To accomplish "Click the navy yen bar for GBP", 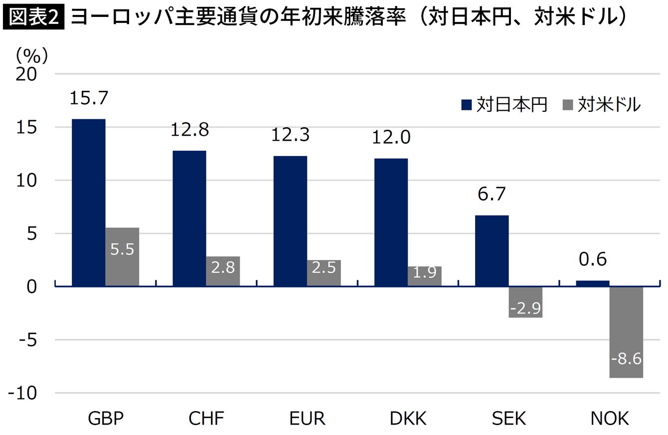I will pyautogui.click(x=89, y=202).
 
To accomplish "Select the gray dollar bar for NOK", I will pyautogui.click(x=626, y=332).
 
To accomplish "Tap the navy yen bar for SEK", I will pyautogui.click(x=492, y=250).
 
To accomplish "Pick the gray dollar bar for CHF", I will pyautogui.click(x=223, y=271).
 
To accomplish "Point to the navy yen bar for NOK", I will pyautogui.click(x=593, y=283).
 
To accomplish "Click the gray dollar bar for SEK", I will pyautogui.click(x=525, y=302).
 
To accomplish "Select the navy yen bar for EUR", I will pyautogui.click(x=290, y=220).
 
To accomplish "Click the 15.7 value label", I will pyautogui.click(x=88, y=98).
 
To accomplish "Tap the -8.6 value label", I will pyautogui.click(x=626, y=358).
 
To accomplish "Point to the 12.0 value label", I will pyautogui.click(x=391, y=137).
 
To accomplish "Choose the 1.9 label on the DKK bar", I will pyautogui.click(x=425, y=272).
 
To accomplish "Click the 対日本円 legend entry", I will pyautogui.click(x=504, y=105).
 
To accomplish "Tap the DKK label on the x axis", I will pyautogui.click(x=408, y=419).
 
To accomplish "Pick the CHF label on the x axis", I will pyautogui.click(x=206, y=419).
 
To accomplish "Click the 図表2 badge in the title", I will pyautogui.click(x=33, y=18).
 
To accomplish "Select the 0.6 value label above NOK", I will pyautogui.click(x=592, y=259).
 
